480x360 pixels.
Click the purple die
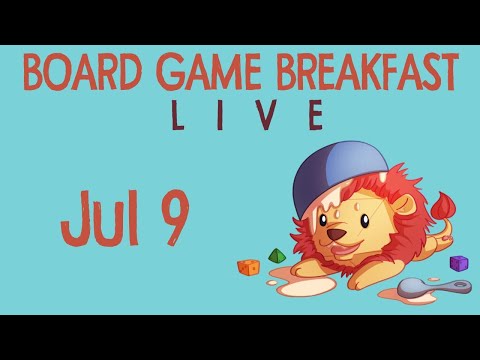[x=459, y=263]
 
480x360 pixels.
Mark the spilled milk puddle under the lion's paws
[x=300, y=284]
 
